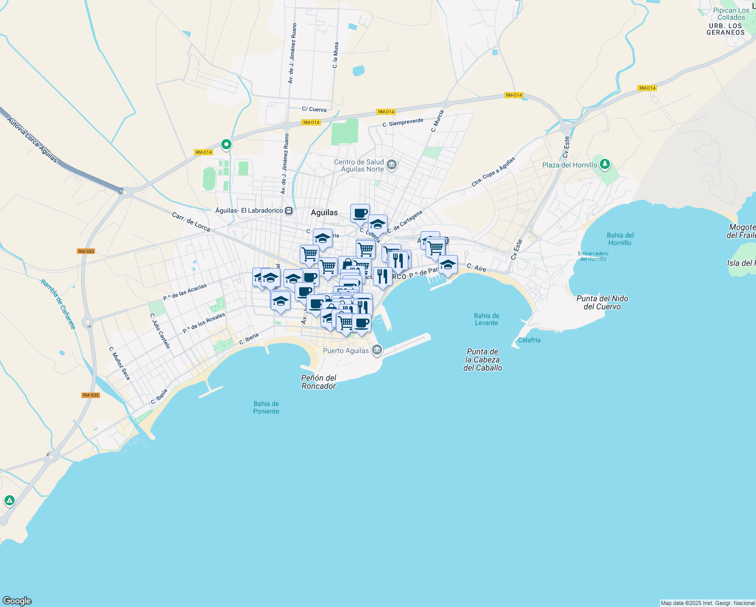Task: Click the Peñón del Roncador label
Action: coord(318,382)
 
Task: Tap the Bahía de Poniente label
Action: coord(266,407)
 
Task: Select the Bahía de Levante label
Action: coord(486,319)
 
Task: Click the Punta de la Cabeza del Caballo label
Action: coord(483,360)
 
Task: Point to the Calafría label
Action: coord(529,340)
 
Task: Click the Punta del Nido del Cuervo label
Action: coord(602,302)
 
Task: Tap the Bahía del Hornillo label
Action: coord(620,239)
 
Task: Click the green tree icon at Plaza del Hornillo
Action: coord(605,164)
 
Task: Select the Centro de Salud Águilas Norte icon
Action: coord(392,165)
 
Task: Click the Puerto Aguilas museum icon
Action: coord(376,350)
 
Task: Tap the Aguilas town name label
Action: coord(324,212)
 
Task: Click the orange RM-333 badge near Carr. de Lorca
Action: coord(86,251)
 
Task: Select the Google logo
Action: coord(17,601)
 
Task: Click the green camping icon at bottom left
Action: coord(9,501)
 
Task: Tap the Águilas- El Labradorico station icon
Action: coord(289,210)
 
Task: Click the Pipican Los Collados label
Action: coord(731,14)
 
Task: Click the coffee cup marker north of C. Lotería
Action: coord(360,213)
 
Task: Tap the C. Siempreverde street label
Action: coord(403,123)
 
